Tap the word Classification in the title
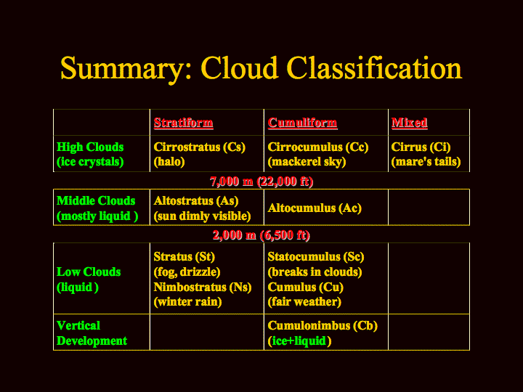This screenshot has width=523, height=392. pos(374,68)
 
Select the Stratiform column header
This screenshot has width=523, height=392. pos(184,123)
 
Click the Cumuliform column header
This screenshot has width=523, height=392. pos(302,123)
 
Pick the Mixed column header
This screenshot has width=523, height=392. pos(409,123)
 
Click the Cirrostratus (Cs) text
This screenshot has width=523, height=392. pos(200,147)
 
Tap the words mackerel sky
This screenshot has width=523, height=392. pos(307,162)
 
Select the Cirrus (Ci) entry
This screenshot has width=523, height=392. pos(421,147)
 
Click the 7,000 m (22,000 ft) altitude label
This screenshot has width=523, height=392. pos(261,181)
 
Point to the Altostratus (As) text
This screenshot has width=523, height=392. pos(196,200)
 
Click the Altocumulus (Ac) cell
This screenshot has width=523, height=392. pos(315,208)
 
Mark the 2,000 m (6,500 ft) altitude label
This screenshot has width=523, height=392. pos(261,235)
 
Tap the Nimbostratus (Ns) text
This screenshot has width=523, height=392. pos(203,287)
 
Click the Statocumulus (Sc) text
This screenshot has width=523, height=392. pos(316,257)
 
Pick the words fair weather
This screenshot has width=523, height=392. pos(304,302)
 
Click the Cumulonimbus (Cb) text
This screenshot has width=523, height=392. pos(323,326)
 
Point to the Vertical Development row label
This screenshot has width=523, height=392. pos(92,333)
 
